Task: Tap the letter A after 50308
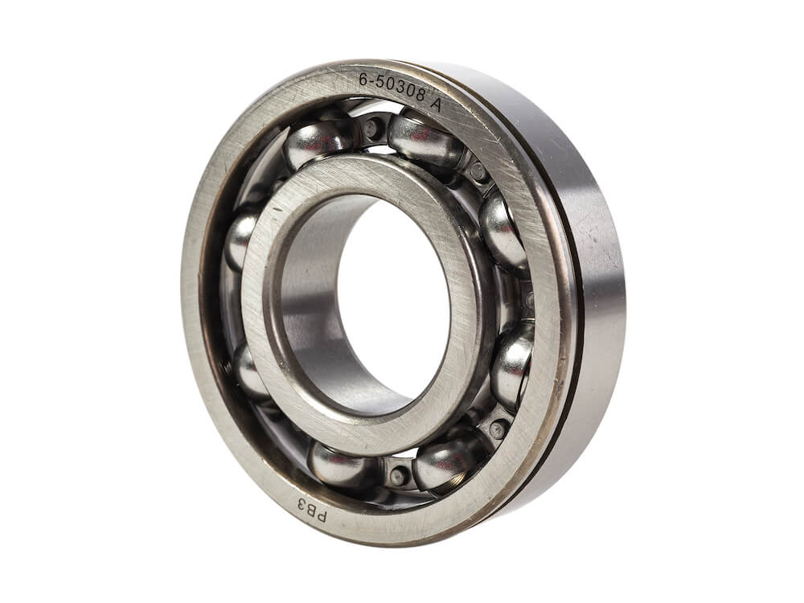[x=435, y=105]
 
